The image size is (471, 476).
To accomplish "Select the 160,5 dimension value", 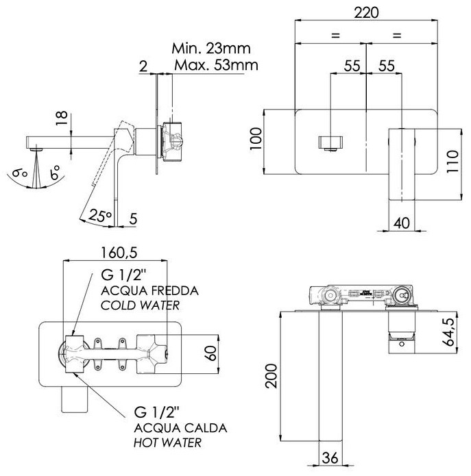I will [x=119, y=252].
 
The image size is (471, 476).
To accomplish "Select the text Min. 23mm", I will [x=210, y=49].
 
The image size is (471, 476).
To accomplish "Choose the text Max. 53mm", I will [x=215, y=66].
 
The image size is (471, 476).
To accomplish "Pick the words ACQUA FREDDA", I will [x=149, y=290].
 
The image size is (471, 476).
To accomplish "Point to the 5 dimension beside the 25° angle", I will [x=133, y=221].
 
